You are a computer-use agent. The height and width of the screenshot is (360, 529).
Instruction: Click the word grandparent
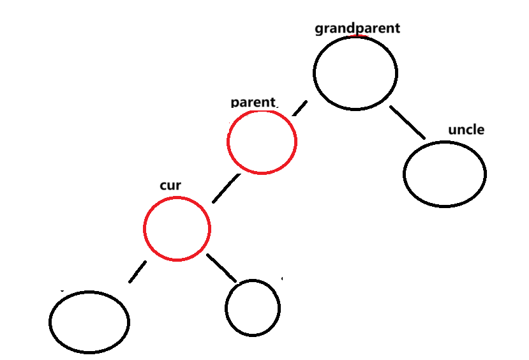(357, 28)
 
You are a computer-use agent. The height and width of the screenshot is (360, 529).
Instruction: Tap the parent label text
(253, 102)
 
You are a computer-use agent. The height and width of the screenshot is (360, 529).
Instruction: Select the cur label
(170, 186)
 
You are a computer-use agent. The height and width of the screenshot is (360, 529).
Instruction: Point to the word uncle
(466, 130)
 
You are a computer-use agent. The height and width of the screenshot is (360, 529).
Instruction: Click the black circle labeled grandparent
(355, 72)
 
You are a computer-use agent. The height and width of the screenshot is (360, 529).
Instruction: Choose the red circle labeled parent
(262, 142)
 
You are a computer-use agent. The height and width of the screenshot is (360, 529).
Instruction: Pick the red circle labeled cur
(177, 229)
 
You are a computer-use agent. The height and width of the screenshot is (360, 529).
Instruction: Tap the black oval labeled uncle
(445, 174)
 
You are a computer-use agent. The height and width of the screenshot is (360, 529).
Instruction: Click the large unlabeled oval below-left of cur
(89, 321)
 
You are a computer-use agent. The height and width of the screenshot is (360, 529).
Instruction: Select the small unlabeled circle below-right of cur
(252, 308)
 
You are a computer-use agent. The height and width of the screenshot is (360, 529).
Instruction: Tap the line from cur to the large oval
(137, 272)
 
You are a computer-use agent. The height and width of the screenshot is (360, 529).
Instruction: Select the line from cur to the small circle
(221, 267)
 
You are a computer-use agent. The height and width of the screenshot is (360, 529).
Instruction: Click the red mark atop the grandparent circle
(355, 36)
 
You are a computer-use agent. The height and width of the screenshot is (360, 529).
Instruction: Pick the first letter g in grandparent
(319, 29)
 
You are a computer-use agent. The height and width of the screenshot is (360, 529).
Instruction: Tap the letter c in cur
(163, 186)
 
